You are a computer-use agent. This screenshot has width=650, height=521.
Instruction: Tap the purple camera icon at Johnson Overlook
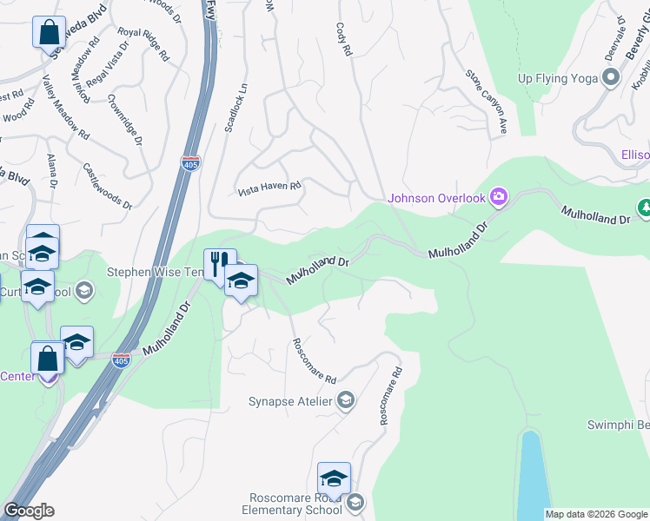pyautogui.click(x=499, y=196)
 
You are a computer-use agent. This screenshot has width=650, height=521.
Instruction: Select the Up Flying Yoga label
pyautogui.click(x=558, y=78)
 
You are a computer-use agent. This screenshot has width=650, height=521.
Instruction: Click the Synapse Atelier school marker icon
pyautogui.click(x=346, y=399)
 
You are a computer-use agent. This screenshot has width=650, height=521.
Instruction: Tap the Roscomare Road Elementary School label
pyautogui.click(x=295, y=504)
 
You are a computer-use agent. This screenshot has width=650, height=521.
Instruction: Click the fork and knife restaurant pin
pyautogui.click(x=219, y=261)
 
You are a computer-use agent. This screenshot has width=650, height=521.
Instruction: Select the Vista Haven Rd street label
pyautogui.click(x=269, y=186)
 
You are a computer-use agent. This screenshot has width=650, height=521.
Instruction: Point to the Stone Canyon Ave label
pyautogui.click(x=487, y=102)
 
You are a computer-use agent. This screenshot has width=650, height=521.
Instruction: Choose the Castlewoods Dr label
pyautogui.click(x=107, y=186)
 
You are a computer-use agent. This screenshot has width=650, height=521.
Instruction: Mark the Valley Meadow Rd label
pyautogui.click(x=66, y=107)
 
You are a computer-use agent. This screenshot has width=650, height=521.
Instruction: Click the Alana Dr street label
pyautogui.click(x=51, y=172)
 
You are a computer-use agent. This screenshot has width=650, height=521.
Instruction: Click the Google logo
pyautogui.click(x=30, y=511)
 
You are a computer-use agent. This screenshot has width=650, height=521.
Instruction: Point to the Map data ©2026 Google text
pyautogui.click(x=596, y=514)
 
